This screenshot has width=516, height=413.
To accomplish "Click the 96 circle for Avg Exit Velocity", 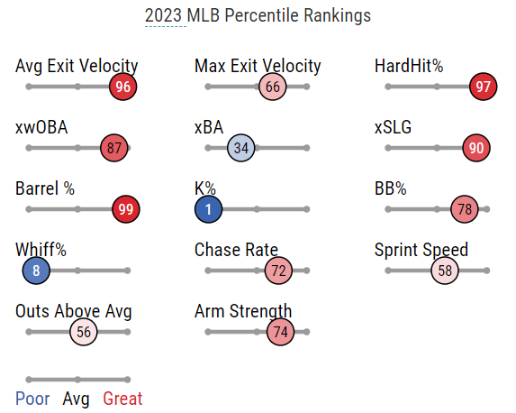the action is [x=122, y=87].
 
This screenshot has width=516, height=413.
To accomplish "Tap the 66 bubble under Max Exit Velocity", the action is [x=273, y=87].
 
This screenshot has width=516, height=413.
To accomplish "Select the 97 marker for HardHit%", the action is [x=483, y=87].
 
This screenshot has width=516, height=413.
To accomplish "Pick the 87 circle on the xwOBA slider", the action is [x=113, y=148].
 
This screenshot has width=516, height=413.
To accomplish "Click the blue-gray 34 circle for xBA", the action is [x=240, y=148].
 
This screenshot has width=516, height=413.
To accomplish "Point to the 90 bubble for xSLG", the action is [x=476, y=148].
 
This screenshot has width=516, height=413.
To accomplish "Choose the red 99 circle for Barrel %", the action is [x=126, y=209].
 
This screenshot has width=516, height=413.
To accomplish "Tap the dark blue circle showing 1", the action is [x=208, y=209].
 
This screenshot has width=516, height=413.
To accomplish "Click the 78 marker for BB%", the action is [x=465, y=209].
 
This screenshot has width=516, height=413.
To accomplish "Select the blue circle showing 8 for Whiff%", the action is [x=36, y=271].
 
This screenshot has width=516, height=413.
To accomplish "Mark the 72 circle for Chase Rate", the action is [x=278, y=271].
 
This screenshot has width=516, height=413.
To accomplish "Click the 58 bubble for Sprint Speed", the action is [x=445, y=271].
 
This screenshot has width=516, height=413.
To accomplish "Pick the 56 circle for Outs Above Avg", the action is [x=83, y=332].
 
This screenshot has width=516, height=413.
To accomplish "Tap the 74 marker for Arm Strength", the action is [x=280, y=332].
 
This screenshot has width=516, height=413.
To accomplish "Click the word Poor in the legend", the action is [x=32, y=399].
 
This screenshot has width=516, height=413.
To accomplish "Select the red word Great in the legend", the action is [x=122, y=399].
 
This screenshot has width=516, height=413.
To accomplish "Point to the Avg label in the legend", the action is [x=76, y=399].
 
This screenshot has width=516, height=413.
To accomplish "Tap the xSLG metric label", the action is [x=393, y=127].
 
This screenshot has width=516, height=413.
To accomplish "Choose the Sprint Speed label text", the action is [x=421, y=251].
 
